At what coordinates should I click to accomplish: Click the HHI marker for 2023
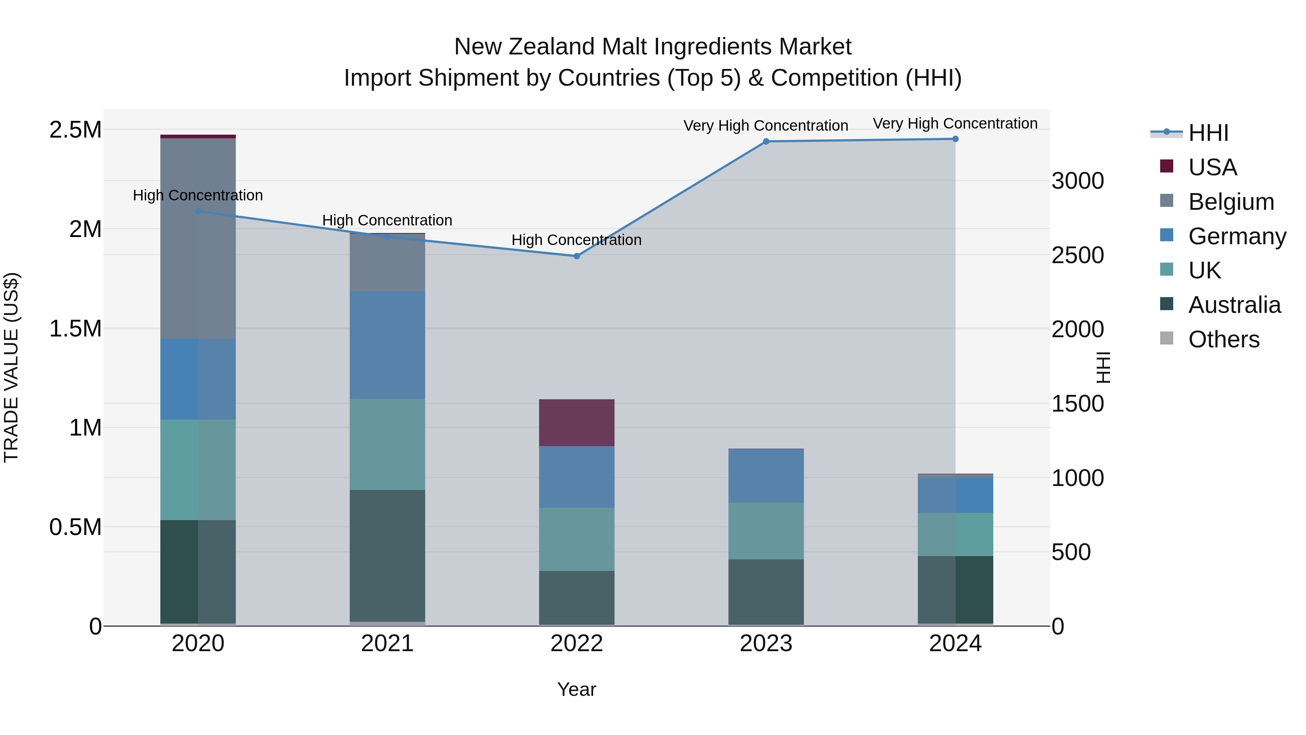(x=765, y=142)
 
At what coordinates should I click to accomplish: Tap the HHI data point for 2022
(x=576, y=256)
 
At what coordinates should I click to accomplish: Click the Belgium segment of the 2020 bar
(x=198, y=238)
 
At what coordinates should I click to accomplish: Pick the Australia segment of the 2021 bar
(x=387, y=555)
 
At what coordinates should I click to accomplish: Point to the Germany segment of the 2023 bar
(x=765, y=476)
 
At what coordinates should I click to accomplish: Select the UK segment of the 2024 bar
(x=955, y=534)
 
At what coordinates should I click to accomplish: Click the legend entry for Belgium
(x=1231, y=202)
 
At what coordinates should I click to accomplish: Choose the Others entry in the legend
(x=1223, y=339)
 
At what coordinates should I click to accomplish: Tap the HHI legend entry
(x=1208, y=133)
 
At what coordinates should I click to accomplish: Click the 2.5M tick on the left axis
(x=75, y=130)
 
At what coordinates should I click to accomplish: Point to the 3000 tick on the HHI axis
(x=1077, y=181)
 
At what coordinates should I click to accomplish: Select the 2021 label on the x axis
(x=387, y=644)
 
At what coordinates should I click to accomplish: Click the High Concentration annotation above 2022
(x=576, y=240)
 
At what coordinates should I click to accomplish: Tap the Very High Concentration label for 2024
(x=955, y=124)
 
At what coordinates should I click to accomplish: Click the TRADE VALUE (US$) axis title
(x=11, y=367)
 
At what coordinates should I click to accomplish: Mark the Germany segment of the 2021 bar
(x=387, y=345)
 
